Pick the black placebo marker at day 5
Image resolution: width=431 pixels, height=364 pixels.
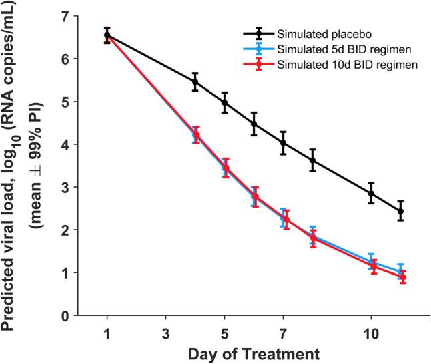225,102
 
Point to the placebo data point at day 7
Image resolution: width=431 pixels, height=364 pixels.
284,143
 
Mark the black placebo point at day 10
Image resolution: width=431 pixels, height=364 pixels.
372,193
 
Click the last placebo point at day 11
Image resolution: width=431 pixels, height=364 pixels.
401,211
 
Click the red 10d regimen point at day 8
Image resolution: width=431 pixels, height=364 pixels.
313,238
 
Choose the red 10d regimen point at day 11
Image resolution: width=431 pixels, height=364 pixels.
402,277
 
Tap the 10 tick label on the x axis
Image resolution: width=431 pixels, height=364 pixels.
372,331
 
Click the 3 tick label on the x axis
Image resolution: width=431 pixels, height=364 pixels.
166,331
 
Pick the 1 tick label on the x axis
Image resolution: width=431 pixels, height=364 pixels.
107,331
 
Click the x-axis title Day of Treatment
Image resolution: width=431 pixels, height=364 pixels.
254,352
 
